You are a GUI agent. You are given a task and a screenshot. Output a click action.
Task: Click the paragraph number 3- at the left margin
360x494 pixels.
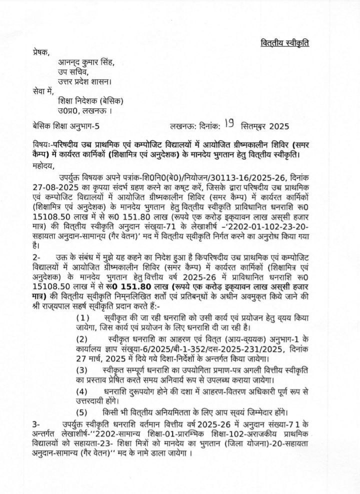coord(32,423)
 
